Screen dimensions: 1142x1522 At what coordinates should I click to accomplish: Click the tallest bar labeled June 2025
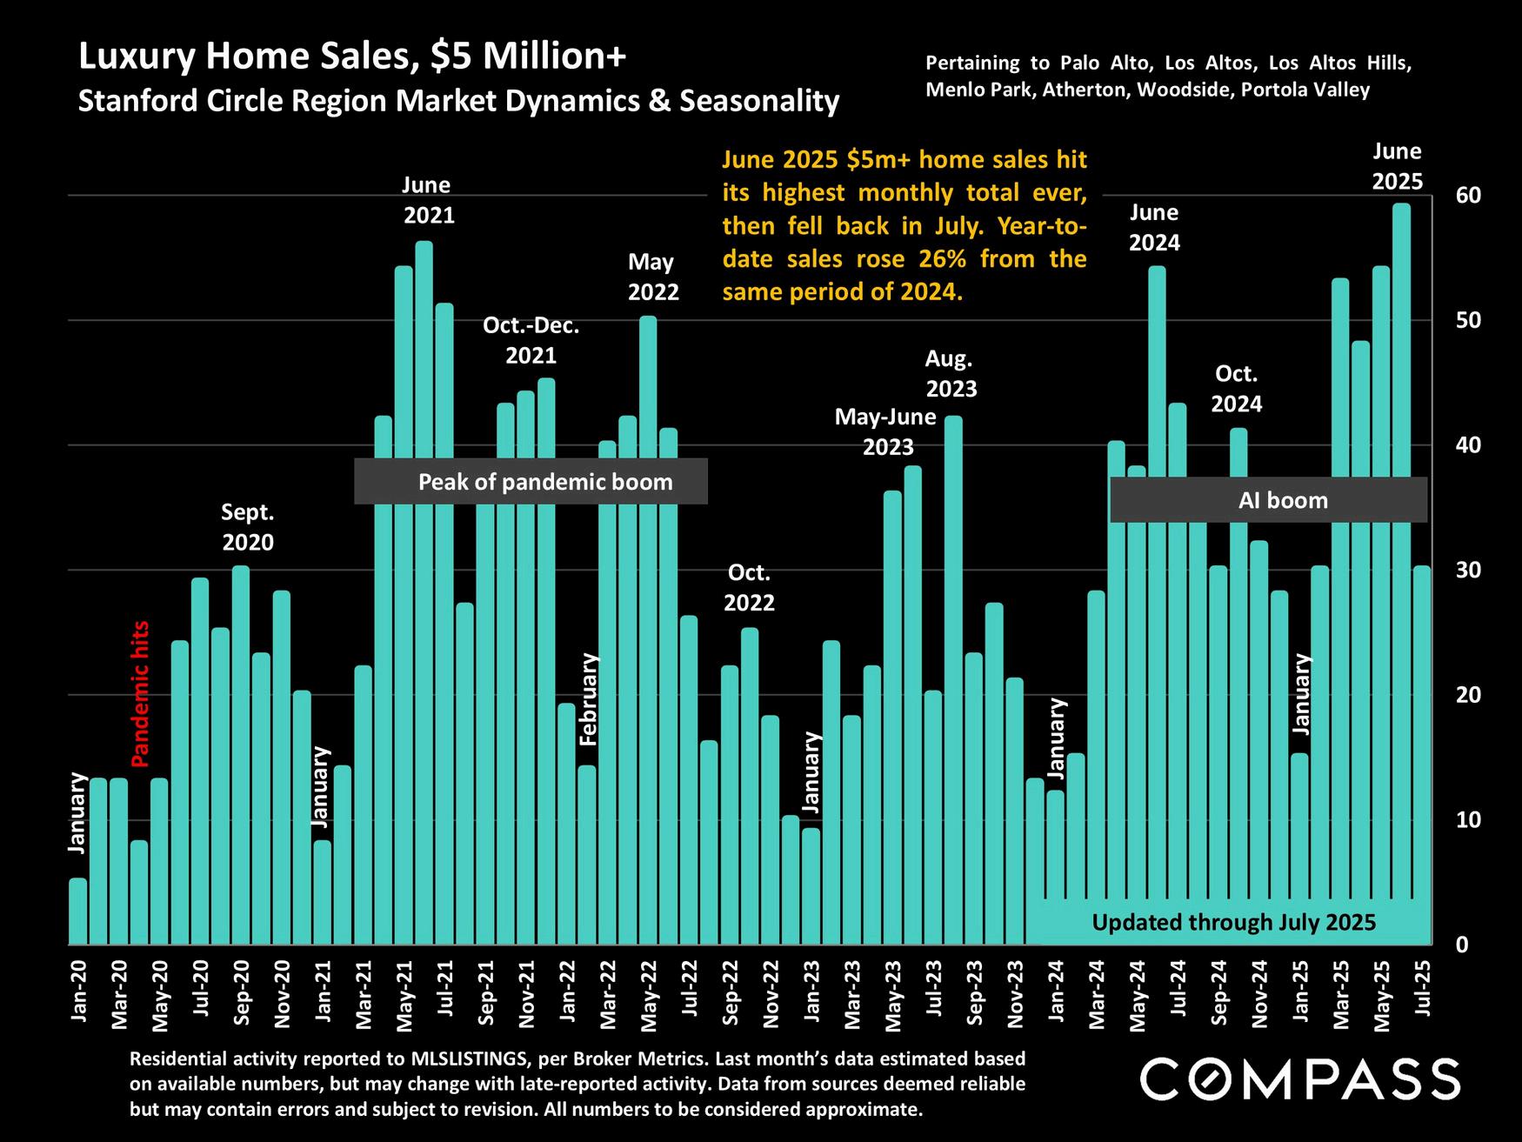(1400, 574)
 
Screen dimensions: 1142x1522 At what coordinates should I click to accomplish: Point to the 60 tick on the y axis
(1468, 196)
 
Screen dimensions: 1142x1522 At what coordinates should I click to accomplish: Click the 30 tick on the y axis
(1468, 571)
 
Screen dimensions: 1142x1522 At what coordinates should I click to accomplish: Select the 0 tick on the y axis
(1462, 945)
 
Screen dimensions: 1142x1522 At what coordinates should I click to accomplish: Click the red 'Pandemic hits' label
(140, 693)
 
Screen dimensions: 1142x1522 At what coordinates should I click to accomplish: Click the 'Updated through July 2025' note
(1233, 922)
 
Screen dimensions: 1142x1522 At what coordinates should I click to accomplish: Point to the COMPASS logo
(1299, 1079)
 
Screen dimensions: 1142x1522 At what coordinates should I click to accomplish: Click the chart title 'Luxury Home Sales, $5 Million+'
(352, 57)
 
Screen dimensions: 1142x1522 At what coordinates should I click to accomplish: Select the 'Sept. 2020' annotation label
(247, 527)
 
